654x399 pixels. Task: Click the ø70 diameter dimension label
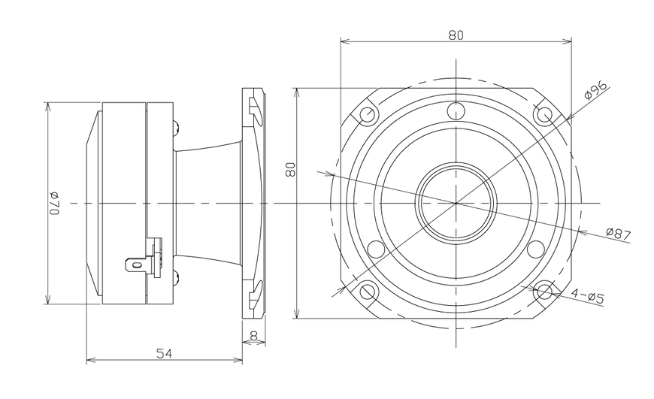click(x=55, y=204)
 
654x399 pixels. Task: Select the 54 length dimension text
click(x=165, y=354)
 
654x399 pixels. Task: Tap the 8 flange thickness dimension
click(x=253, y=335)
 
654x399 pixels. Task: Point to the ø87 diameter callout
click(x=619, y=234)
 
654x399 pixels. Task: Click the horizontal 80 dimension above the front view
click(x=456, y=35)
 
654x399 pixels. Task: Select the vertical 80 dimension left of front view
click(x=290, y=169)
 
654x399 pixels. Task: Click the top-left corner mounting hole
click(x=368, y=113)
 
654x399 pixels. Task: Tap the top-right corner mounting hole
click(x=545, y=113)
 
